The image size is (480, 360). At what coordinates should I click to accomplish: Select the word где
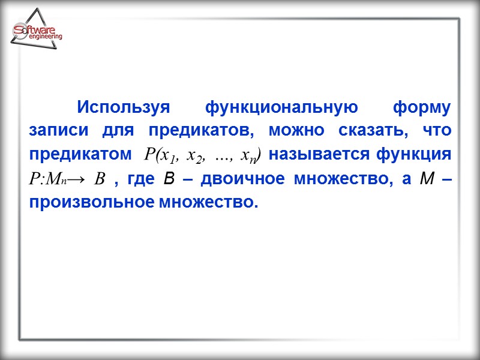pyautogui.click(x=142, y=179)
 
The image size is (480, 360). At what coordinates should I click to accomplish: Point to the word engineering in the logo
pyautogui.click(x=45, y=38)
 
